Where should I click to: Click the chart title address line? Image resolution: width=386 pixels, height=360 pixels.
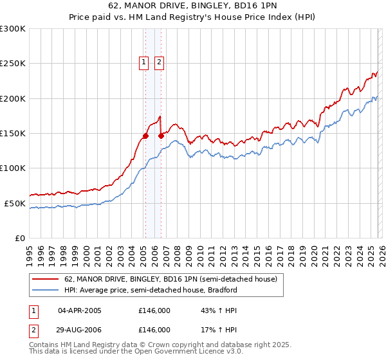click(193, 5)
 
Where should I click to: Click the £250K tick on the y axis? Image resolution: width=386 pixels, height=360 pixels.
click(13, 64)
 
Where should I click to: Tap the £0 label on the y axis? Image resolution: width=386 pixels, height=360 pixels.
click(20, 238)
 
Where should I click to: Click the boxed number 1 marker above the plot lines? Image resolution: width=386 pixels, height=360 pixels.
click(143, 62)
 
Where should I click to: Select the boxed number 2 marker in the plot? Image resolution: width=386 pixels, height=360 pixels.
click(159, 62)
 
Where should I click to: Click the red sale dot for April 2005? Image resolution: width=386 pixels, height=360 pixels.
click(145, 136)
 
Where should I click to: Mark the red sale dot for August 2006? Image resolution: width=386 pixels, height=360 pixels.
click(161, 136)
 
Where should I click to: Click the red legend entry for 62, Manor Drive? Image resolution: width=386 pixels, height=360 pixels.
click(170, 280)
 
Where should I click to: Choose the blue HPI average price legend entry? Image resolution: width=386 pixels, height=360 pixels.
click(151, 290)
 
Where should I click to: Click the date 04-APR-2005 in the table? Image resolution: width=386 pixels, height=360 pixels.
click(80, 310)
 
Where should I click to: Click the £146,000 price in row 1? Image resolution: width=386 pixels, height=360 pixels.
click(154, 310)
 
